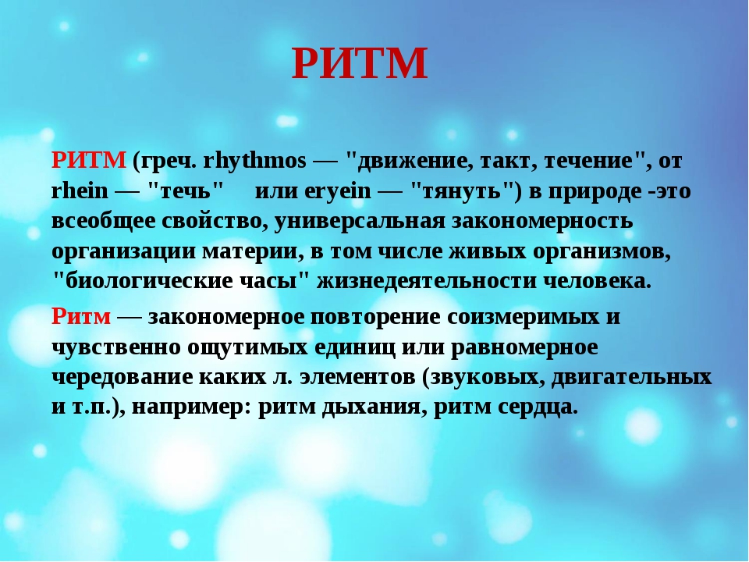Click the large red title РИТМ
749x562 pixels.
coord(359,63)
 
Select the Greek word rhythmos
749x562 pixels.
coord(254,160)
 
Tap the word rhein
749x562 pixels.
coord(80,190)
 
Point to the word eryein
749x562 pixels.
coord(337,191)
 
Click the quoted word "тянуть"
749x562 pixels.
coord(462,190)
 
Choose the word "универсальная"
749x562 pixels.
coord(359,221)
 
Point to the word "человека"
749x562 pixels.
coord(597,281)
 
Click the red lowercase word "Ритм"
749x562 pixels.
coord(81,316)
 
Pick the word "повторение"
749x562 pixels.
coord(375,317)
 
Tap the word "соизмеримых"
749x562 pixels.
coord(523,317)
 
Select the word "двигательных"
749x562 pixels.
coord(631,378)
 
